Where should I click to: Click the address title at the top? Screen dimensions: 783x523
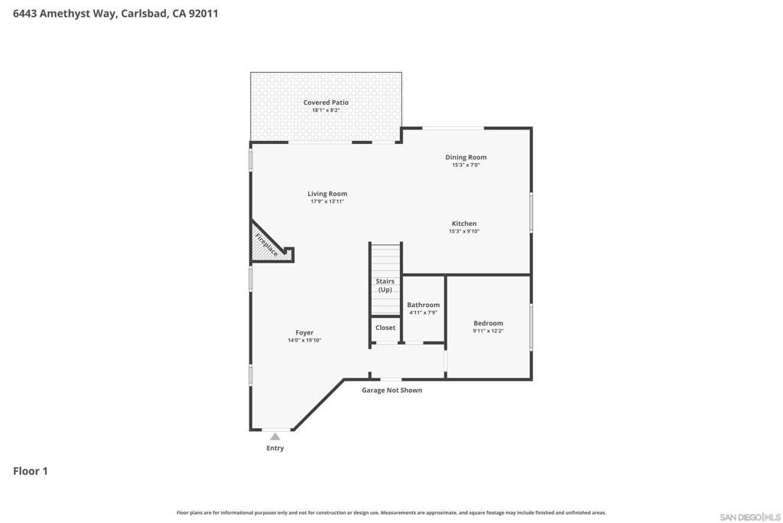(x=115, y=14)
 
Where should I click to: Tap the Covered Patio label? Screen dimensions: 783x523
(x=326, y=103)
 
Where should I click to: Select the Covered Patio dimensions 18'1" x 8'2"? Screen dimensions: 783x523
(x=326, y=110)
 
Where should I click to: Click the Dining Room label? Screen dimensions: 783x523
(x=466, y=157)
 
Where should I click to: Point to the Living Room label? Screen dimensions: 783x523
(x=327, y=194)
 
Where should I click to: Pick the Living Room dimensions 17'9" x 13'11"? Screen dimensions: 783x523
(x=327, y=201)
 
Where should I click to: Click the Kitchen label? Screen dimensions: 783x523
(x=464, y=224)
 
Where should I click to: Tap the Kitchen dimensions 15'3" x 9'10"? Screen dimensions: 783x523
(x=464, y=231)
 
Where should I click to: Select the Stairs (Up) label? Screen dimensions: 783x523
(x=385, y=286)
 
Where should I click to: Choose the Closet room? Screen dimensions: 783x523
(x=385, y=329)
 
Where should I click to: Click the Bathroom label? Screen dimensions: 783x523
(x=424, y=305)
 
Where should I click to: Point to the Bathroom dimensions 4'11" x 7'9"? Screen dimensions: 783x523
(x=424, y=312)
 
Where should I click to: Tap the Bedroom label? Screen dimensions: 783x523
(x=489, y=323)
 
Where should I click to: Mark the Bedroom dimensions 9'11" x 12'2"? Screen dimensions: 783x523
(x=489, y=331)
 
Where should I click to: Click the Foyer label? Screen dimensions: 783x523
(x=304, y=333)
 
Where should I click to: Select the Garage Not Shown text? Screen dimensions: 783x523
(x=392, y=391)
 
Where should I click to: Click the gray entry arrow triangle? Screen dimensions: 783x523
(x=275, y=436)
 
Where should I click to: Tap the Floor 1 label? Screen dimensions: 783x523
(x=31, y=471)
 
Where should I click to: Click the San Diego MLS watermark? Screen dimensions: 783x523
(x=750, y=517)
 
